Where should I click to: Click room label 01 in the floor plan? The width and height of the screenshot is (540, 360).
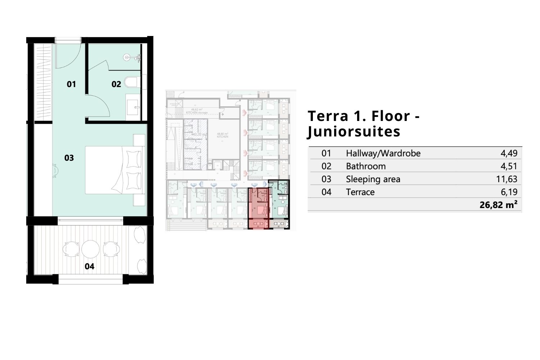pos(71,84)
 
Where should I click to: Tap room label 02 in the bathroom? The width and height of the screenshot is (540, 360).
pos(116,84)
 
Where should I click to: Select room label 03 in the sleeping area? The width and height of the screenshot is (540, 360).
pos(69,158)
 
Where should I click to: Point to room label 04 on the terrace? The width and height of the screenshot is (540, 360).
pos(89,266)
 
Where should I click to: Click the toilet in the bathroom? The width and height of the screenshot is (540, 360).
pos(131,82)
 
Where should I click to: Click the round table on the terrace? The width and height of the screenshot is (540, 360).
pos(90,249)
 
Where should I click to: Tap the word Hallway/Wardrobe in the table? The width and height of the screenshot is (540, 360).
pos(383,153)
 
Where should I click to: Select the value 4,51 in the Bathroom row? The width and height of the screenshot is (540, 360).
pos(509,166)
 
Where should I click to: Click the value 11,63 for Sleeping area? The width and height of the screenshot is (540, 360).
pos(506,179)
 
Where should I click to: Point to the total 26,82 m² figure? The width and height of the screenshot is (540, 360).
pos(498,205)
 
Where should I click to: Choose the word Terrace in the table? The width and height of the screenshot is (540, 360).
pos(360,192)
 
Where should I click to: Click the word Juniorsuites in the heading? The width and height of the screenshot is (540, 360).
pos(354,131)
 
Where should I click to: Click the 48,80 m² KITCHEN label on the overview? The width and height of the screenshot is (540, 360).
pos(222,135)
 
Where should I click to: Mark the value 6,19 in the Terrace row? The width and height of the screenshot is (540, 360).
pos(509,192)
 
